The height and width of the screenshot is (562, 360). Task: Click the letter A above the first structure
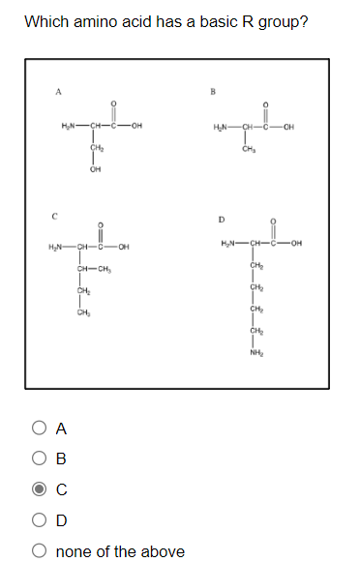(58, 92)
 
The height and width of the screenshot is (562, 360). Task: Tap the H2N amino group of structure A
(68, 131)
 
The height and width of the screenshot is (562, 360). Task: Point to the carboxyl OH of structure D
(296, 243)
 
